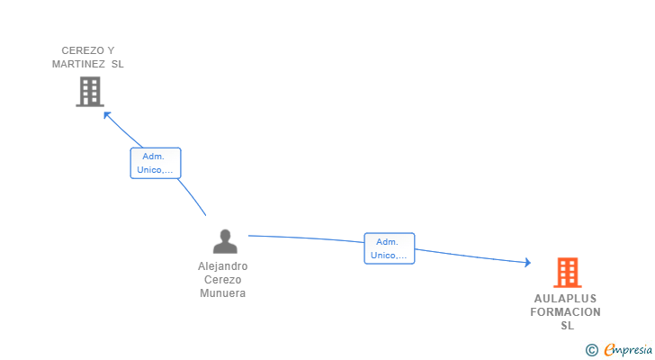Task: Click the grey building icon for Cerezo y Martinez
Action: pyautogui.click(x=89, y=92)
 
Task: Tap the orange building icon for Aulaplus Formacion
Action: pyautogui.click(x=567, y=272)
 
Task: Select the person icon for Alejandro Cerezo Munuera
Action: pyautogui.click(x=224, y=241)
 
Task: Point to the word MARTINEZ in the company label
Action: pyautogui.click(x=79, y=64)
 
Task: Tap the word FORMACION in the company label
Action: pyautogui.click(x=565, y=312)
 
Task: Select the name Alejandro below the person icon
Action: pyautogui.click(x=223, y=266)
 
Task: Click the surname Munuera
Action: pyautogui.click(x=223, y=293)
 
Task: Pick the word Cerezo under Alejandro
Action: pyautogui.click(x=223, y=280)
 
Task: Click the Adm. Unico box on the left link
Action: pyautogui.click(x=156, y=163)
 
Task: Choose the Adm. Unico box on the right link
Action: pyautogui.click(x=389, y=248)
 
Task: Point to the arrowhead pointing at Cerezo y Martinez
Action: pyautogui.click(x=107, y=114)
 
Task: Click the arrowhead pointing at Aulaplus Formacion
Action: pyautogui.click(x=527, y=263)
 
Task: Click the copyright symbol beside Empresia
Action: pyautogui.click(x=592, y=350)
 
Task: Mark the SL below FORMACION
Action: pyautogui.click(x=567, y=326)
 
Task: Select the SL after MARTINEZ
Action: pyautogui.click(x=118, y=64)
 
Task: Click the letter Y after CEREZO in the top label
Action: pyautogui.click(x=111, y=50)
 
